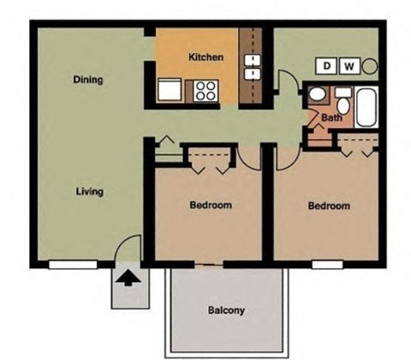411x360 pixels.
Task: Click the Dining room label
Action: [x=88, y=80]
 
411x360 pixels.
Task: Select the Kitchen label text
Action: [x=205, y=57]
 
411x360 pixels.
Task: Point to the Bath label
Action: [x=331, y=118]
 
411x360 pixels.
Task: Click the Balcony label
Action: [x=226, y=310]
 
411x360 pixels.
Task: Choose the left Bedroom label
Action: [x=210, y=206]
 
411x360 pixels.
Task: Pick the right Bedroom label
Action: [x=329, y=206]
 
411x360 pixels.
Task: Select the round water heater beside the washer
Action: [x=370, y=65]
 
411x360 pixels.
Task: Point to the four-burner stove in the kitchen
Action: [x=205, y=89]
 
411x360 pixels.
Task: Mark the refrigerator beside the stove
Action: [x=169, y=90]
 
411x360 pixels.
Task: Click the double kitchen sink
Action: [x=253, y=67]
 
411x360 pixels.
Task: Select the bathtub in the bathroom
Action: [x=366, y=105]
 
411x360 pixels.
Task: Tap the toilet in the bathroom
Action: [x=315, y=95]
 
